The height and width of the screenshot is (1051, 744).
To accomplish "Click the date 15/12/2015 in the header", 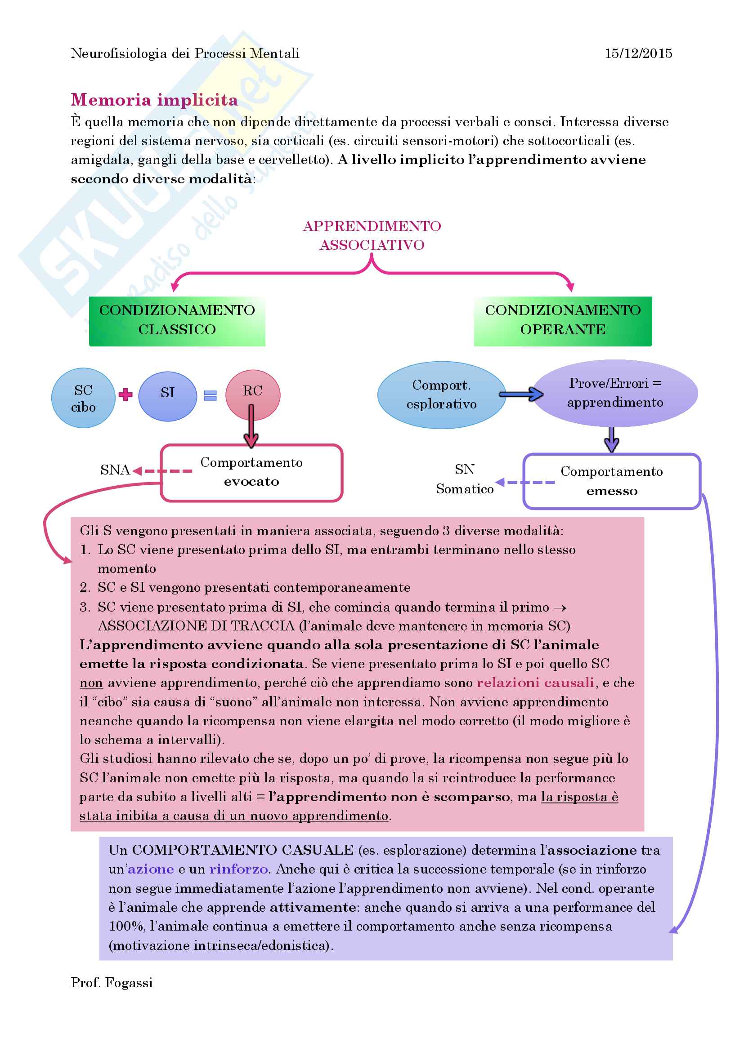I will coord(638,53).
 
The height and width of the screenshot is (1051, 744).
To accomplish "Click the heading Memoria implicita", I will coord(154,100).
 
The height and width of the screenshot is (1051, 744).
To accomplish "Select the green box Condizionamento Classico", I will coord(177,320).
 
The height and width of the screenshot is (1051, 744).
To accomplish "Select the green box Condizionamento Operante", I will coord(563,320).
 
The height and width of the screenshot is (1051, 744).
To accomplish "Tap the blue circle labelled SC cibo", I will coord(83,398).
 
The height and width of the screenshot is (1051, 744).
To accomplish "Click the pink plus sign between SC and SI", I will coord(125,395).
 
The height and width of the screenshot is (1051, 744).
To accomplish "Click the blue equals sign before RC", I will coord(210,395).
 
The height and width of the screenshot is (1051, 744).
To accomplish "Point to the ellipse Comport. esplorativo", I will coord(441,395).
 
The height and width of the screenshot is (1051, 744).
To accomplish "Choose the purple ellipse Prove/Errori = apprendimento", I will coord(615,393).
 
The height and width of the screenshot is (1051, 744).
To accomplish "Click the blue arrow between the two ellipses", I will coord(521,394).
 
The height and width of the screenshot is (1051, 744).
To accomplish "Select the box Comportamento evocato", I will coord(251,472).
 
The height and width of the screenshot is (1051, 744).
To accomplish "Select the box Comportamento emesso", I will coord(612,481).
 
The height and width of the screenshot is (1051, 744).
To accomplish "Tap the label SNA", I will coord(115,470).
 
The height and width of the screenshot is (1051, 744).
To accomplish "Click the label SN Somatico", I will coord(465,479).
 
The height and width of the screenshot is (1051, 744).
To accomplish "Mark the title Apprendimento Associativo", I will coord(372,236).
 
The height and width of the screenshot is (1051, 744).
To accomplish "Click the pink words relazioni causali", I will coord(535,683).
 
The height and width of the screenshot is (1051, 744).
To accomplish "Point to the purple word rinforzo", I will coord(238,869).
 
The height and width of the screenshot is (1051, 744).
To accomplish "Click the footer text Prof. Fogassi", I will coord(112,983).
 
